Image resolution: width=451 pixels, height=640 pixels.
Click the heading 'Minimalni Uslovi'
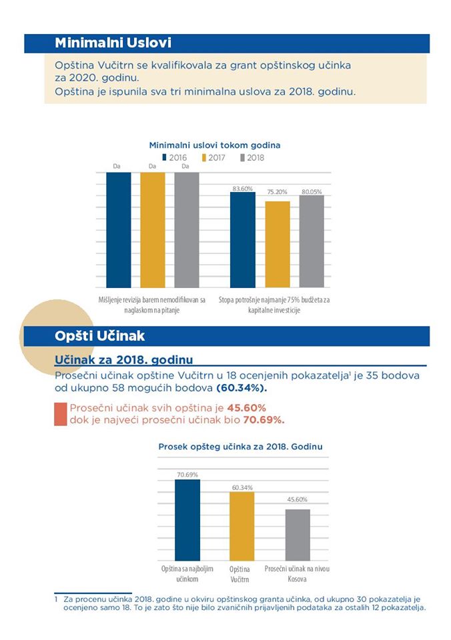tap(113, 43)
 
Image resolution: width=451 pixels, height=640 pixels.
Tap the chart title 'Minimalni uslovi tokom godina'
tap(214, 145)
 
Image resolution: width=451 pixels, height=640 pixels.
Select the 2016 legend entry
tap(174, 157)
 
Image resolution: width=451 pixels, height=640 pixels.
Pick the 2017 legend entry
tap(213, 157)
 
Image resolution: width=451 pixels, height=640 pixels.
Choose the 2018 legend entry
tap(252, 157)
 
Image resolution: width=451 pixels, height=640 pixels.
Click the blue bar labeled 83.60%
tap(243, 240)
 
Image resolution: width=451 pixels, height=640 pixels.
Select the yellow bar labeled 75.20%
tap(278, 245)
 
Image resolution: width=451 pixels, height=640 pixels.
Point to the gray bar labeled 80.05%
tap(312, 241)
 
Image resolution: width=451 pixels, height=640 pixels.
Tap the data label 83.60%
tap(243, 189)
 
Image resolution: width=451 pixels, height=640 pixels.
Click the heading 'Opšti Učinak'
tap(99, 336)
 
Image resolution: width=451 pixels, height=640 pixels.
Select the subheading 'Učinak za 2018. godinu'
tap(124, 360)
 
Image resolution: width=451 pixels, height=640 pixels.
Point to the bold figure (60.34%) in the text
tap(242, 388)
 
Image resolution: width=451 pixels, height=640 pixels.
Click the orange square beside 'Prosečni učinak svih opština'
tap(61, 414)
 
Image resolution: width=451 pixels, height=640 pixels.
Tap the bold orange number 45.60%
tap(247, 408)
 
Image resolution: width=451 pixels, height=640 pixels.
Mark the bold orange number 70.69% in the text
tap(264, 420)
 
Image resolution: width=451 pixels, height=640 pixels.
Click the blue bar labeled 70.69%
tap(187, 520)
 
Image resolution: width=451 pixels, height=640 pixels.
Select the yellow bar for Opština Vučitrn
tap(242, 526)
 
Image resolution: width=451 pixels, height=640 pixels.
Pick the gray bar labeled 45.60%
tap(298, 535)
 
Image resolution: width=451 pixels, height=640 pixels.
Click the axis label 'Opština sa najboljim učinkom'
tap(187, 574)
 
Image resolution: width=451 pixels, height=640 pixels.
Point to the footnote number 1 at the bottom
tap(56, 599)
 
